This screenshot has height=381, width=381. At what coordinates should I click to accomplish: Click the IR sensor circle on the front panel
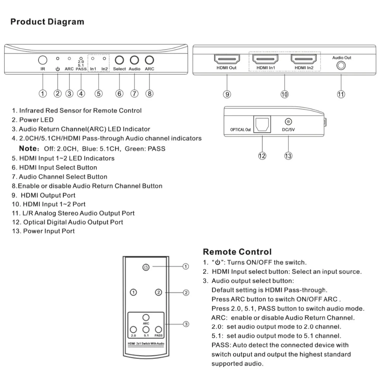point(43,60)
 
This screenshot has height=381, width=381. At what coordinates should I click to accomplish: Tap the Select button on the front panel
point(119,60)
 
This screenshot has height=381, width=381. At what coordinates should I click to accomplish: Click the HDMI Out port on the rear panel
point(227,59)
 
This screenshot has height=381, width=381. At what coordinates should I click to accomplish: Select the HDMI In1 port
point(265,59)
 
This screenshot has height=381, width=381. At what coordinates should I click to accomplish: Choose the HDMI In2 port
point(304,59)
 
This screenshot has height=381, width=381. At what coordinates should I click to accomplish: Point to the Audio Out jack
point(341,66)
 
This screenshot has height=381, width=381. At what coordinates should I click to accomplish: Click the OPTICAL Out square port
point(262,124)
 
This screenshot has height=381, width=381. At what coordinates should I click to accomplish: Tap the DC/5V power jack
point(288,122)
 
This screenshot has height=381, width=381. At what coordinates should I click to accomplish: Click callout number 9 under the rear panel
point(227,94)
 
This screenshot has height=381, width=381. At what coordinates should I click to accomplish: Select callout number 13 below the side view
point(288,156)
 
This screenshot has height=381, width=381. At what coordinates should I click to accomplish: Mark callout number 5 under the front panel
point(98,94)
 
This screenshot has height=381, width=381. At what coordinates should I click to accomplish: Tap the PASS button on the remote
point(158,330)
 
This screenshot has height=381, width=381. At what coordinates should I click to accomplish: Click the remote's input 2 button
point(158,292)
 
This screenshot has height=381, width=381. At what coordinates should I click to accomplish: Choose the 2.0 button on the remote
point(133,330)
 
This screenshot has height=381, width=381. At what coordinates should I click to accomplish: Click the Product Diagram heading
point(47,22)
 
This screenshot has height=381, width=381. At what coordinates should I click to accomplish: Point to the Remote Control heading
point(237,252)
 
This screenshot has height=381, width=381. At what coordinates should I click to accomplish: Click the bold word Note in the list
point(29,148)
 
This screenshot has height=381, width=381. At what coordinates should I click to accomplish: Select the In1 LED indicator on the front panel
point(93,59)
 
